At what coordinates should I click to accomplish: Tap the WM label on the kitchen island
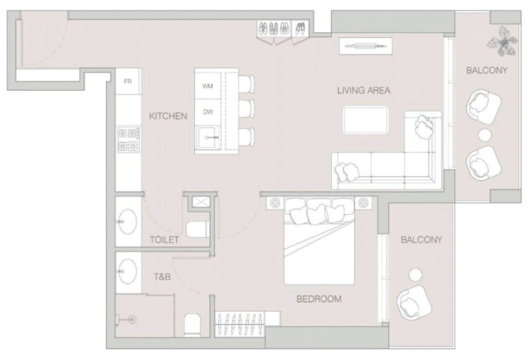[208, 86]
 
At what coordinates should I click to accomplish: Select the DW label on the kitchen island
[208, 112]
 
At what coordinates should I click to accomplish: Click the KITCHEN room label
[168, 116]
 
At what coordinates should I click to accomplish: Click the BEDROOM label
[319, 299]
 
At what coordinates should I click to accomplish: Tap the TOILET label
[164, 240]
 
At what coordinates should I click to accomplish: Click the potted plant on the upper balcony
[502, 43]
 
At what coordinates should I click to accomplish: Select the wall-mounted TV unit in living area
[366, 46]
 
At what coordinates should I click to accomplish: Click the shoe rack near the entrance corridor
[283, 30]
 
